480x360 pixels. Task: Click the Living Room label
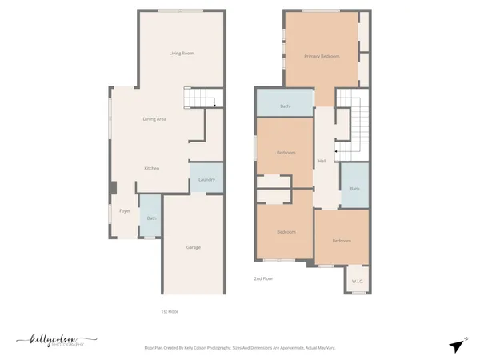[182, 54]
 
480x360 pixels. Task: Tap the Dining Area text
[154, 119]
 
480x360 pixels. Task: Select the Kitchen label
[151, 169]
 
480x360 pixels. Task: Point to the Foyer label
[125, 211]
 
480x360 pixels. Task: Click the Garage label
[194, 247]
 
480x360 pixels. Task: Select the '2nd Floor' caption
[263, 278]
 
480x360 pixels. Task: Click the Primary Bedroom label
[322, 57]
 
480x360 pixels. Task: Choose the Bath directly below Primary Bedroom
[284, 106]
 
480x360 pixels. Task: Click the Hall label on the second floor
[322, 162]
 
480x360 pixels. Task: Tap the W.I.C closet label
[358, 281]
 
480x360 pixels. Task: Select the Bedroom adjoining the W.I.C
[342, 241]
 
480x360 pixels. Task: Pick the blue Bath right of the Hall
[354, 188]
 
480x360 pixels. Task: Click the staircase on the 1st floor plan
[200, 98]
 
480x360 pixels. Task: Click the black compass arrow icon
[457, 346]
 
